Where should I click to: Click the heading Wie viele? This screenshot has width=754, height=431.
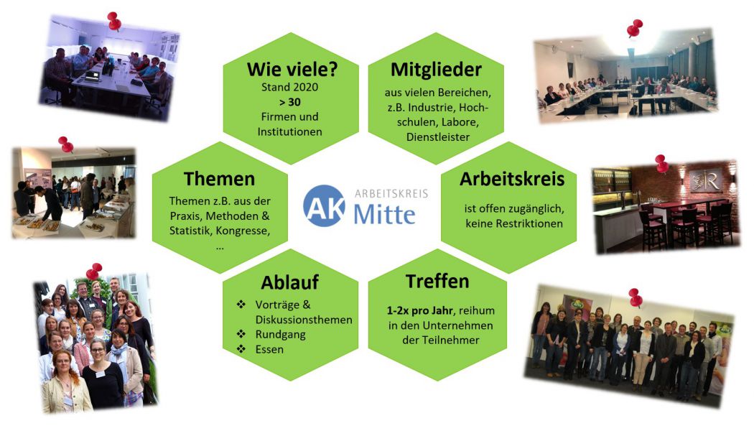292,70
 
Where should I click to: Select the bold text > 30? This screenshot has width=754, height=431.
289,102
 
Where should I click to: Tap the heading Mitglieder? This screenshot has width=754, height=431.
436,70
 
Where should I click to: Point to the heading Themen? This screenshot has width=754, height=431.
219,179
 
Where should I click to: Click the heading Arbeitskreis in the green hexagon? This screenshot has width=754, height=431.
511,179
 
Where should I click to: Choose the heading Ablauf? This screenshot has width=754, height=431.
290,282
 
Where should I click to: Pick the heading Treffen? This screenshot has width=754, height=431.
437,282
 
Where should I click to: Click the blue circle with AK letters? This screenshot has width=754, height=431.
325,206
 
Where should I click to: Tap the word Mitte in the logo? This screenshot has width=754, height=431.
384,214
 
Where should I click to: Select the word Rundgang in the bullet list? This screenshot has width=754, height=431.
280,335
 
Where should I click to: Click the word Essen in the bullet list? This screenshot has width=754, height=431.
269,350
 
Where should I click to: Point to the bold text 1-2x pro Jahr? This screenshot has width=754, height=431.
420,311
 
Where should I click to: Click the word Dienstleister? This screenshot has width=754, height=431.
437,137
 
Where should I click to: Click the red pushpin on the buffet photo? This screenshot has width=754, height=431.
66,144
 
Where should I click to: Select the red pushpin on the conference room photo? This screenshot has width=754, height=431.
635,29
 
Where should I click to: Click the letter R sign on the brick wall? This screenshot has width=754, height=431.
706,181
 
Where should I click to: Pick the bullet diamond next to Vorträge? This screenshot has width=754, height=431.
241,305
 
